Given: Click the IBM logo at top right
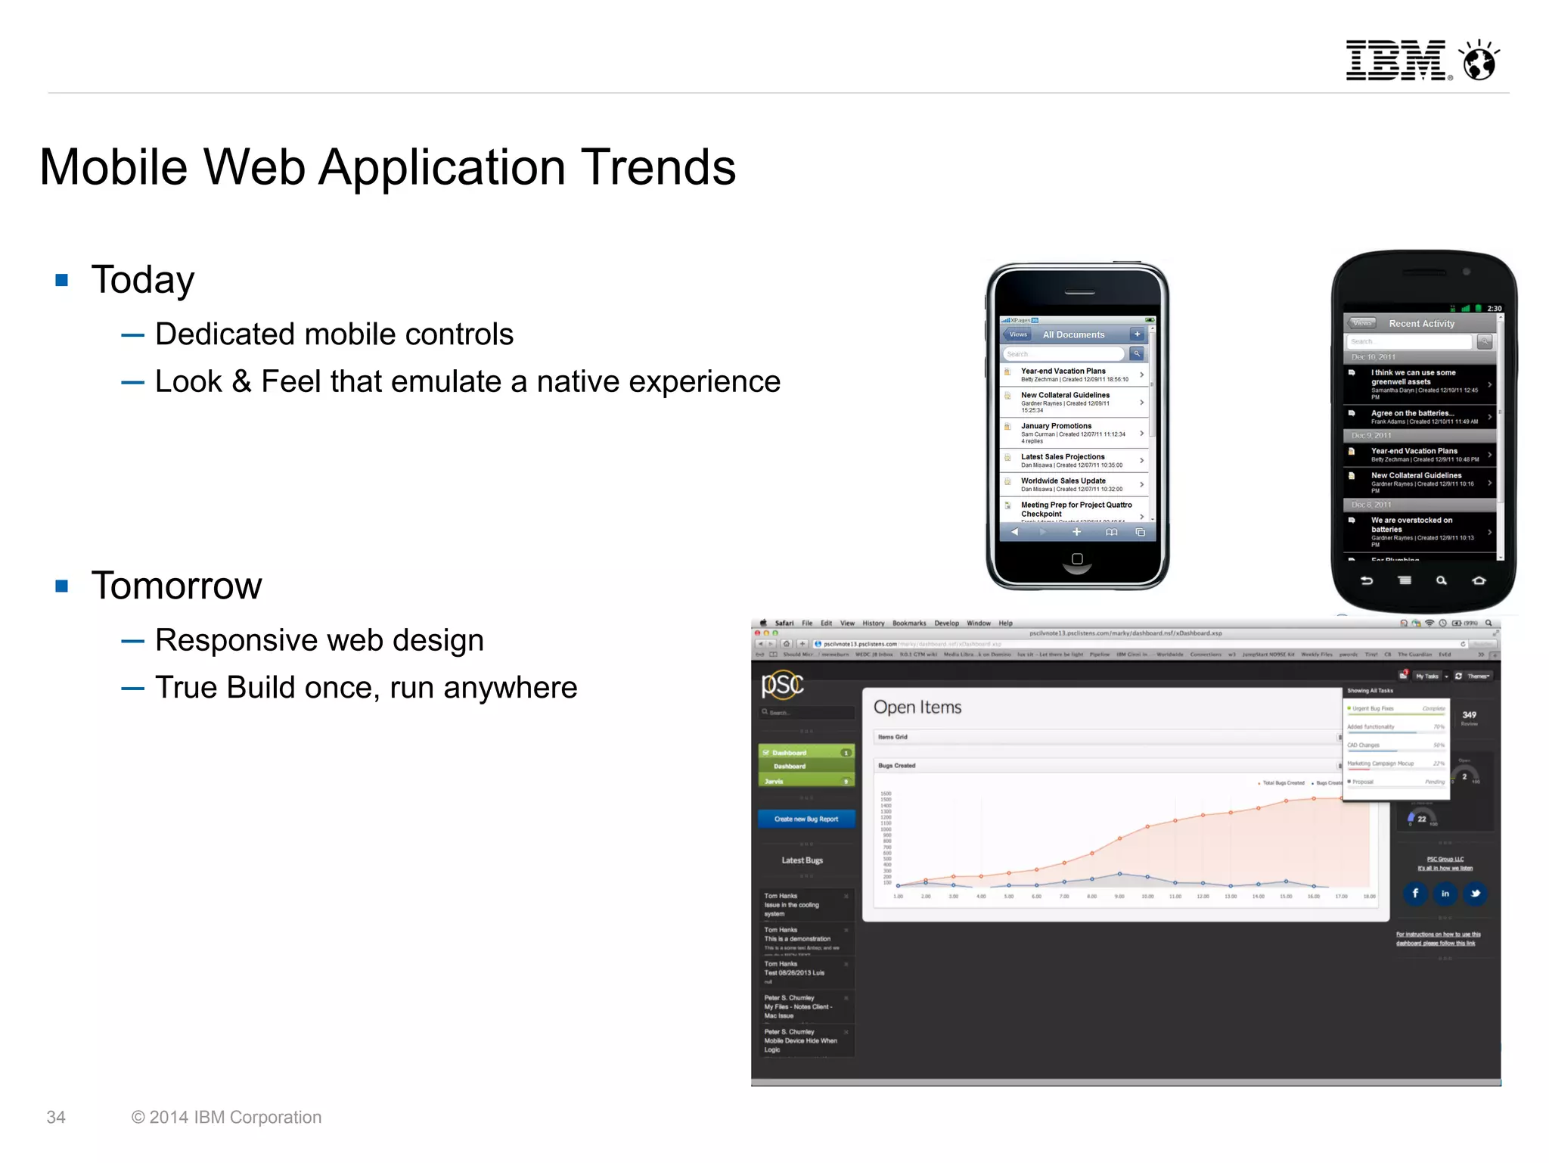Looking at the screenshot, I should [x=1395, y=61].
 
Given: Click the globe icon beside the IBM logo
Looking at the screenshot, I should [x=1479, y=61].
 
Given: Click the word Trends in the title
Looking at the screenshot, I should [x=658, y=167].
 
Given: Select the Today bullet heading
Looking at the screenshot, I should [x=143, y=280].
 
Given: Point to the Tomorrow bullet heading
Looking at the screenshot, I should [x=176, y=586].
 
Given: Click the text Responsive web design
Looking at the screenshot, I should [x=319, y=640].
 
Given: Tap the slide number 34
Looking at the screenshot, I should [x=56, y=1117].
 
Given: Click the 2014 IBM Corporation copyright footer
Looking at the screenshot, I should [x=226, y=1117].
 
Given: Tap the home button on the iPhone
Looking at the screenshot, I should [x=1077, y=559].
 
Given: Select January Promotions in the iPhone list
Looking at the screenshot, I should [x=1056, y=426].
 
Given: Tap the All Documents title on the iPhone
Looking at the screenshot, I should [x=1073, y=334].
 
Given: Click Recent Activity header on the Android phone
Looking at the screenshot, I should [x=1421, y=323].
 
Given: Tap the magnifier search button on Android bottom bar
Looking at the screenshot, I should [x=1441, y=580].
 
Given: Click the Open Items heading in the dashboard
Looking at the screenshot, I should [x=917, y=707].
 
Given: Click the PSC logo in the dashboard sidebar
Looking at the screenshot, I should [x=782, y=684].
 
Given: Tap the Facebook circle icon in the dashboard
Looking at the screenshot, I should [x=1415, y=893].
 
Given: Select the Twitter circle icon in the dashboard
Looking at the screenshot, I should [x=1474, y=893].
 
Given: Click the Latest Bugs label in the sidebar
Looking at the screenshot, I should [x=802, y=860].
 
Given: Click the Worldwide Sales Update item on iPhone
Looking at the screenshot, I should [x=1063, y=480].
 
